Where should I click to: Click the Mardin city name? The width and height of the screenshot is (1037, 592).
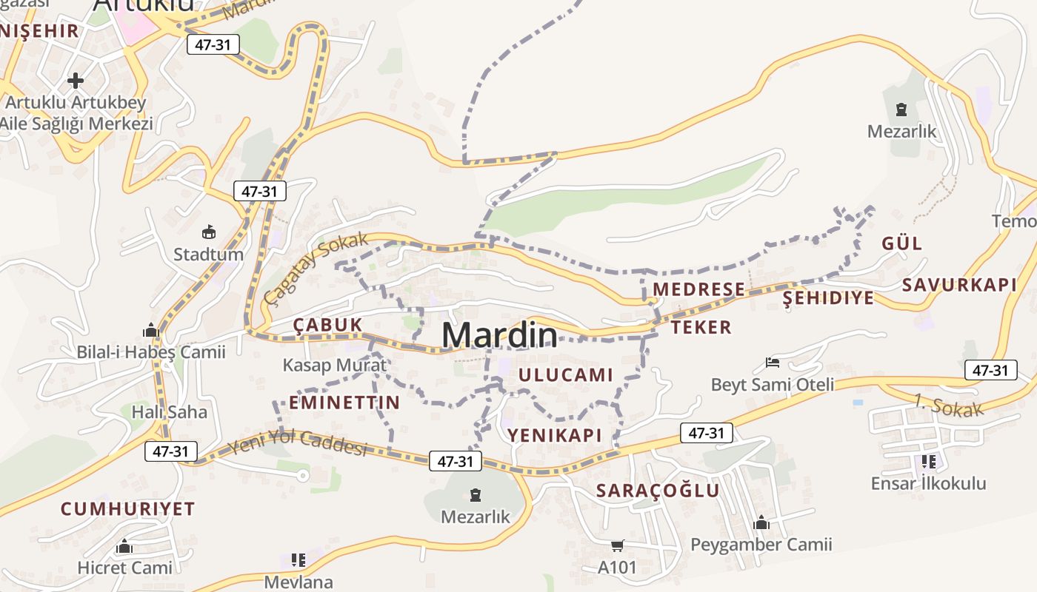tap(499, 335)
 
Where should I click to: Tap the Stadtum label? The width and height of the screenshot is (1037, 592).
tap(208, 255)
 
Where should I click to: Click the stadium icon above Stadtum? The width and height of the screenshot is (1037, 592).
tap(208, 232)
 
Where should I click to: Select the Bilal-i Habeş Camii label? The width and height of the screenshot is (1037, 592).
tap(151, 352)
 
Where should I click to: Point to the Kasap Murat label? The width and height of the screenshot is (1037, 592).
tap(335, 365)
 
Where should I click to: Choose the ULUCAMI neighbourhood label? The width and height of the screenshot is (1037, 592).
tap(566, 375)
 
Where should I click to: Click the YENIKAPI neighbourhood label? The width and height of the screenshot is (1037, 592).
tap(555, 435)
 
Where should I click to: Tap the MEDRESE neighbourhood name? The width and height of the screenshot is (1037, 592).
tap(698, 289)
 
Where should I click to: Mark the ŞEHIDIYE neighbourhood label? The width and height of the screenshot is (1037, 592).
tap(828, 298)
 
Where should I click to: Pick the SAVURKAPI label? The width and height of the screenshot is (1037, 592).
tap(959, 285)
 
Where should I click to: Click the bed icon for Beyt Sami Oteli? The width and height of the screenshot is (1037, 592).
tap(773, 363)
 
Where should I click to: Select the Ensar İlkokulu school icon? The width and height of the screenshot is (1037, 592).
tap(928, 462)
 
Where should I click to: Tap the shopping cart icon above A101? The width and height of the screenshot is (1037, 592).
tap(617, 546)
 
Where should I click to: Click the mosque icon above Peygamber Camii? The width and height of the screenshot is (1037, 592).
tap(761, 523)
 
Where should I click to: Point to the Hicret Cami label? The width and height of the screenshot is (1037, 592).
tap(125, 568)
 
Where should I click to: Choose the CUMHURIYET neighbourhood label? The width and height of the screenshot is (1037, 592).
tap(127, 509)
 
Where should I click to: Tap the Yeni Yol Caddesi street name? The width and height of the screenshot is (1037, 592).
tap(298, 443)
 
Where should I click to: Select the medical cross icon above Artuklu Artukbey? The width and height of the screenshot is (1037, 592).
tap(76, 80)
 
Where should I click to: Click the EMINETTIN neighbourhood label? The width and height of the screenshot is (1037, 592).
tap(344, 403)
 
